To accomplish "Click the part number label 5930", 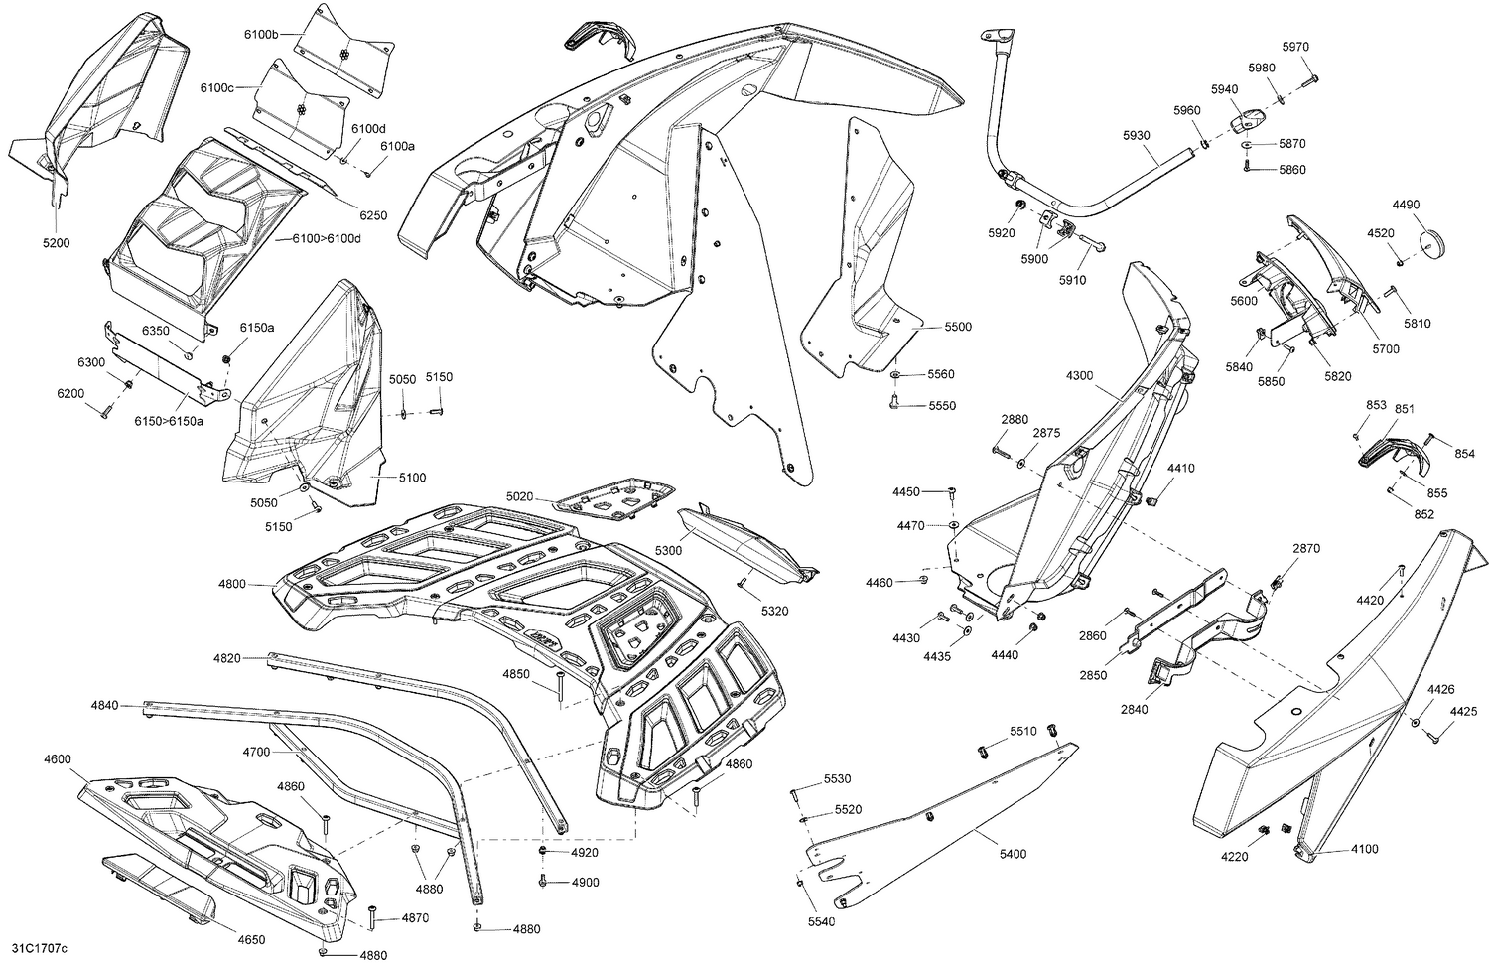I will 1137,135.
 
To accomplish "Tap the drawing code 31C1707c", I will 36,948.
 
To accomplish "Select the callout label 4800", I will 232,584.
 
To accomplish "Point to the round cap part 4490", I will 1433,243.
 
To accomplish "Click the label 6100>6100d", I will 325,240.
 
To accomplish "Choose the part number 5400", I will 1013,854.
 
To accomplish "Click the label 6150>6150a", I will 169,421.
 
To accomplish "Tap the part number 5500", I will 958,327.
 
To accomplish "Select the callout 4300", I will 1079,376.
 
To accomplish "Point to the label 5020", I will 519,496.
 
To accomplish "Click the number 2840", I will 1134,709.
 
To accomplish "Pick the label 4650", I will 251,939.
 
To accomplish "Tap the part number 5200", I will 57,243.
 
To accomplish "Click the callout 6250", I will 373,215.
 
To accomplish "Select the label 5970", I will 1295,47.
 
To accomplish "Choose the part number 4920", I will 585,853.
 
